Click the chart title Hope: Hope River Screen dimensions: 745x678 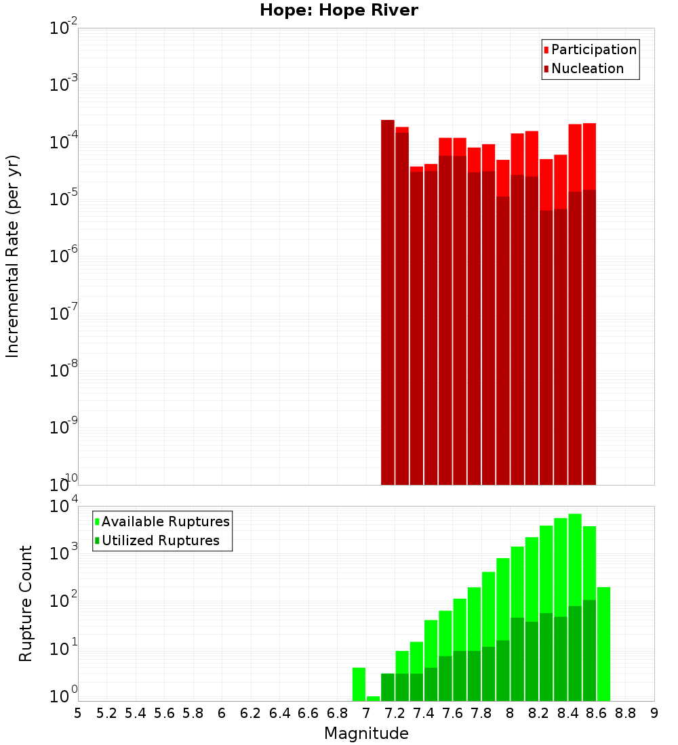tap(338, 11)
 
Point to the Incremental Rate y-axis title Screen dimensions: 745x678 tap(13, 256)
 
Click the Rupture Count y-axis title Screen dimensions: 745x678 tap(26, 603)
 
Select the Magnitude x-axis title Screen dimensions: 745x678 tap(366, 733)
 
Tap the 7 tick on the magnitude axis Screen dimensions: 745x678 tap(366, 713)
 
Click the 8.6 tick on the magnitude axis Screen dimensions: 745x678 tap(597, 713)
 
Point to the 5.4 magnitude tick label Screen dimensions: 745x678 tap(136, 713)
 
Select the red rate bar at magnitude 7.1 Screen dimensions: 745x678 tap(388, 305)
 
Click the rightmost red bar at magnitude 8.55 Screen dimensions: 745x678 tap(589, 305)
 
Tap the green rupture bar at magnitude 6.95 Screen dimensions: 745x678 tap(359, 684)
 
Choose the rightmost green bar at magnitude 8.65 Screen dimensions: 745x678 tap(603, 643)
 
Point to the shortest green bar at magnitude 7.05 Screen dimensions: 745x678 tap(373, 698)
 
